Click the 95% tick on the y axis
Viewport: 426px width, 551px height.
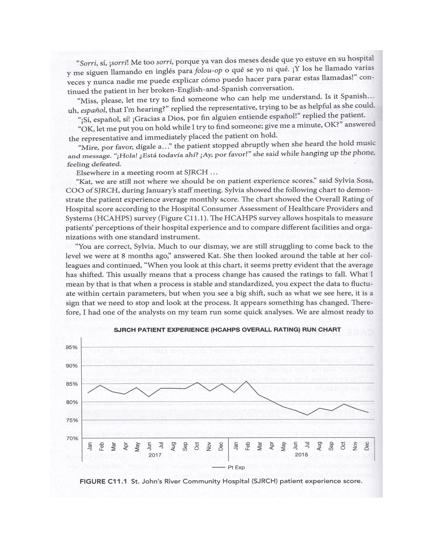(71, 347)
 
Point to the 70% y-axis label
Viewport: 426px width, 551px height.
(71, 438)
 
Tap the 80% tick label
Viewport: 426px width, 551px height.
(71, 402)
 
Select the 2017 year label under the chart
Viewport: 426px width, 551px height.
(155, 455)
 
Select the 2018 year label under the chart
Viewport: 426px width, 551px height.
(301, 455)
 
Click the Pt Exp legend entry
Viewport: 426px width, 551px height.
(236, 467)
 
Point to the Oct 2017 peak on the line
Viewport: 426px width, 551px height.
(197, 382)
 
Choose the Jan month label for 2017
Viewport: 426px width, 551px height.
(89, 446)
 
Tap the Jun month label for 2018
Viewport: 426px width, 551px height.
(295, 446)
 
